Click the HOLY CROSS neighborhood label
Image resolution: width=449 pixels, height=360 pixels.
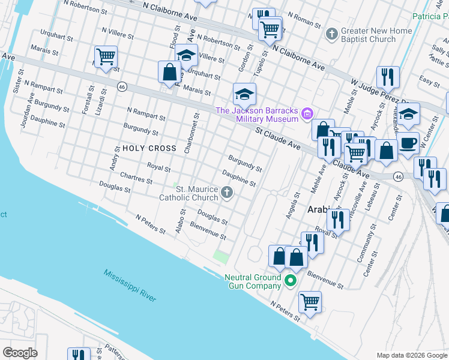pyautogui.click(x=149, y=148)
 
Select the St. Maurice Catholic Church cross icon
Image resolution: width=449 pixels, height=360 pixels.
pyautogui.click(x=226, y=193)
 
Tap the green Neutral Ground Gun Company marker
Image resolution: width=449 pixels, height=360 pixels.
pyautogui.click(x=291, y=280)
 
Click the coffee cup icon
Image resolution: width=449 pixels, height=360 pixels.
pyautogui.click(x=408, y=144)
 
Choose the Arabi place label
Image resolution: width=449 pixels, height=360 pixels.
pyautogui.click(x=320, y=209)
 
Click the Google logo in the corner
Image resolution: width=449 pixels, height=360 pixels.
pyautogui.click(x=20, y=352)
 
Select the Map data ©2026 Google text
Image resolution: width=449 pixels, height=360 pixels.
pyautogui.click(x=411, y=355)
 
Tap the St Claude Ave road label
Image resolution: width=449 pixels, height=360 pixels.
pyautogui.click(x=277, y=138)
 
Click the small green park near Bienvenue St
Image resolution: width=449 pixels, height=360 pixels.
pyautogui.click(x=221, y=257)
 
